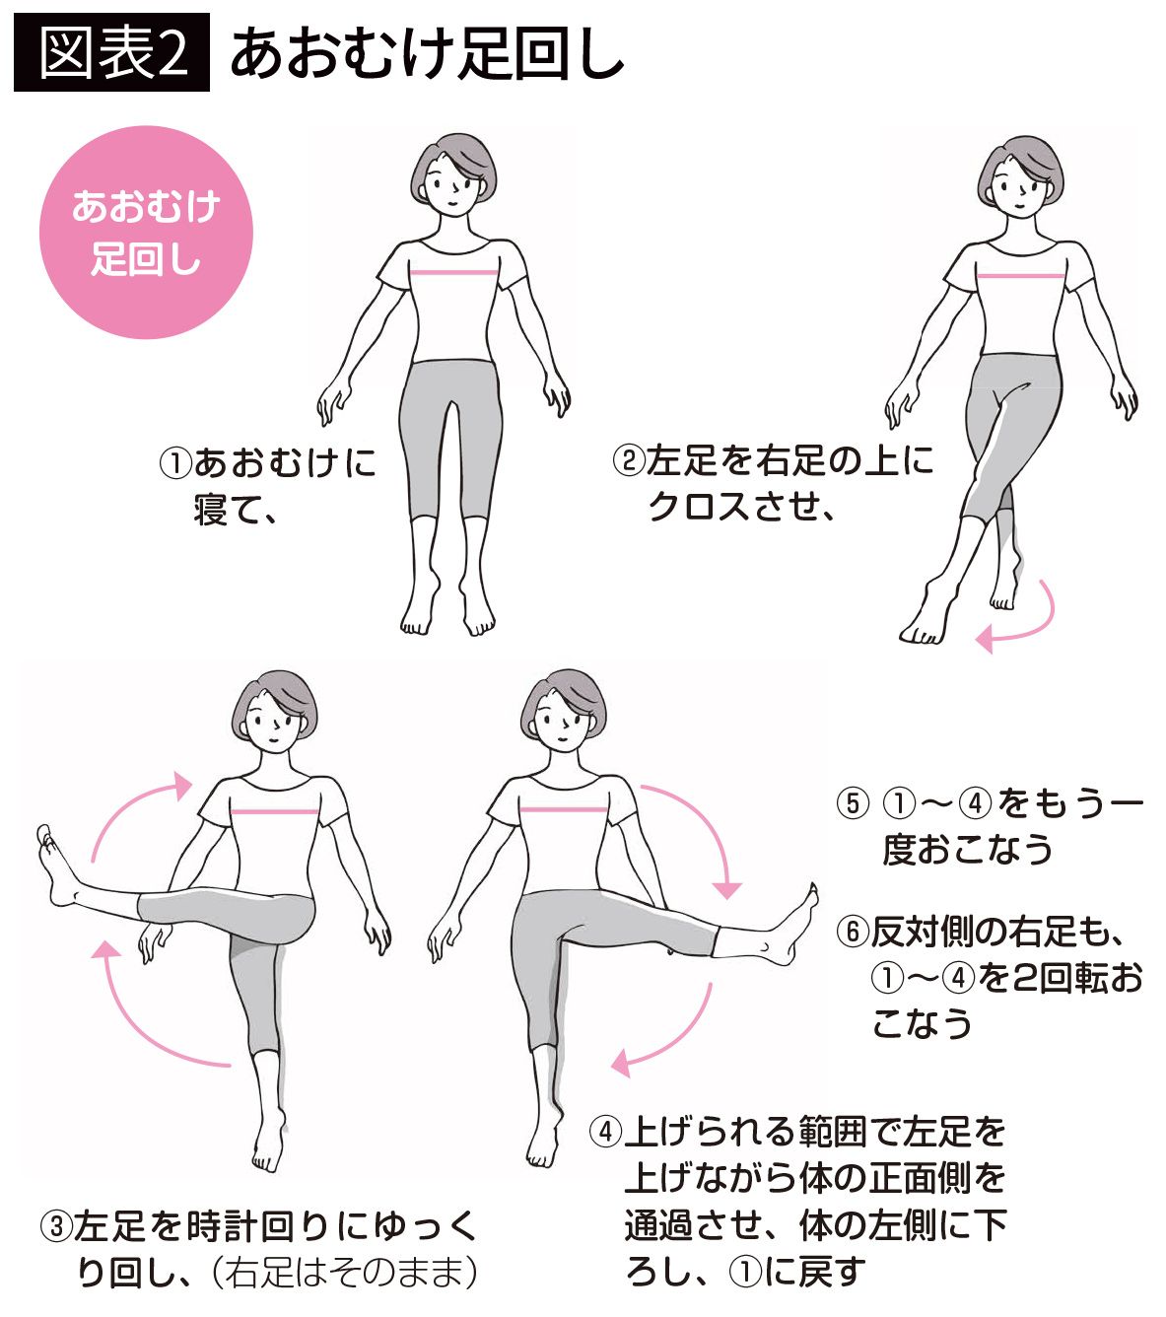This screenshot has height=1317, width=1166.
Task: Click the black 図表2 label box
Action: [x=111, y=52]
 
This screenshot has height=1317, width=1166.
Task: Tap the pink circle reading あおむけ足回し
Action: [x=146, y=232]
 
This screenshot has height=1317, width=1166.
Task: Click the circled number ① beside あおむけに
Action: [x=175, y=464]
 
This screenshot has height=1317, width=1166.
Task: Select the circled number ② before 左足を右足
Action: [x=628, y=461]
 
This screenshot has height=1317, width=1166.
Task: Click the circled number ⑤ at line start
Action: [x=852, y=803]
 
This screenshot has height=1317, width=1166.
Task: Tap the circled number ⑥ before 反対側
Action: [x=852, y=931]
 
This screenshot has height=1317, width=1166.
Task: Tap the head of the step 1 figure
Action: [x=453, y=174]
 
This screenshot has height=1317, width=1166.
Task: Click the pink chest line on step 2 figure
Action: [x=1020, y=275]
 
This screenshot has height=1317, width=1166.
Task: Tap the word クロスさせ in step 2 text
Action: [x=731, y=507]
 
